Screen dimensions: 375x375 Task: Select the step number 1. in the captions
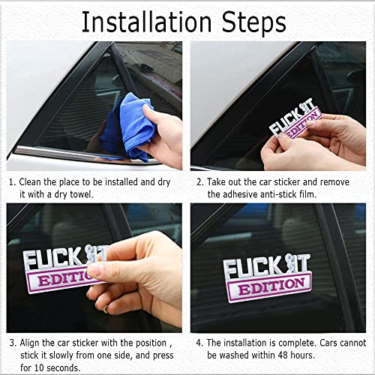pyautogui.click(x=13, y=181)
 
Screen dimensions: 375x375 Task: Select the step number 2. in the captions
pyautogui.click(x=199, y=181)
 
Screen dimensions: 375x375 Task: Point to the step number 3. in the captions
pyautogui.click(x=13, y=341)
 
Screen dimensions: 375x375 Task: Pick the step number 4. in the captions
pyautogui.click(x=199, y=341)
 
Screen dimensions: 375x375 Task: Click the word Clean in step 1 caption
pyautogui.click(x=34, y=181)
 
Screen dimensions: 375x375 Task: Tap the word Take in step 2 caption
pyautogui.click(x=220, y=181)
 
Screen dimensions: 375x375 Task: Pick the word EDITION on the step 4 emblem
pyautogui.click(x=268, y=286)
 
